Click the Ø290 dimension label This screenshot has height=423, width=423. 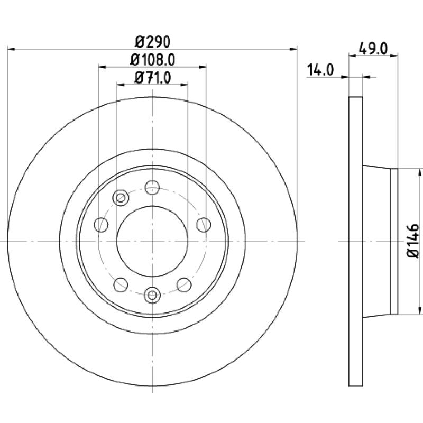click(x=153, y=42)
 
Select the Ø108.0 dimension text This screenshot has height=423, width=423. click(x=153, y=60)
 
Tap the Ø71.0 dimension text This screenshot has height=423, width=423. click(x=153, y=78)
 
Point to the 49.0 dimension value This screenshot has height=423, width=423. click(x=373, y=49)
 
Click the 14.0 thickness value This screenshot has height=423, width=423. click(x=320, y=70)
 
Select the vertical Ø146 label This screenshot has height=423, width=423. click(x=413, y=241)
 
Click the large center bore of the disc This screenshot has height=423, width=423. click(x=152, y=241)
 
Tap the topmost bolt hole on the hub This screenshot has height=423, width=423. click(x=152, y=188)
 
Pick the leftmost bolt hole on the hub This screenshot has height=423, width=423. click(x=101, y=224)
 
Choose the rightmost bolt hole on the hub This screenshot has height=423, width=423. click(x=204, y=224)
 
